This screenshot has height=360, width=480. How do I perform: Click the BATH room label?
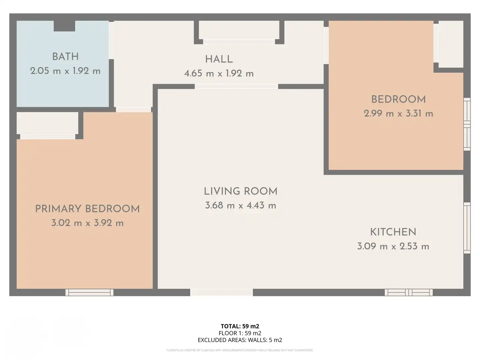point(65,57)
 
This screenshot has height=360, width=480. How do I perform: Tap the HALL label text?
point(219,59)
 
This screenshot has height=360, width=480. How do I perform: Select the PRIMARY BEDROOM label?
point(87,209)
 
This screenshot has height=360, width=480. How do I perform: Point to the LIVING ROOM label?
point(241,191)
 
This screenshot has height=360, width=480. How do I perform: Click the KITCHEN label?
point(393,232)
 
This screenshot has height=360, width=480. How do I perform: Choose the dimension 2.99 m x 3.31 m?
point(398,114)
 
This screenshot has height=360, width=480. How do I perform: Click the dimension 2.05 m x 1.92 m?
point(65,71)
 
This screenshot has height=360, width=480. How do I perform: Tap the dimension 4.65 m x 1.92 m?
point(219,73)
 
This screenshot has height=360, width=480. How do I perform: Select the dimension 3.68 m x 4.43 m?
point(241,205)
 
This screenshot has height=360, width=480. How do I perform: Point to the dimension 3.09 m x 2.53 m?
point(393,246)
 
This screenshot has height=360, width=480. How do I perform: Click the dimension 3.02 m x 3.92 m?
point(87,223)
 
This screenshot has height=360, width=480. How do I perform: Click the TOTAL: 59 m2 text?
point(240,326)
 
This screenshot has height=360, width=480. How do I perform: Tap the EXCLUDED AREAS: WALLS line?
point(240,340)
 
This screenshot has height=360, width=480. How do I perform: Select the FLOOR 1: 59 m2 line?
point(240,333)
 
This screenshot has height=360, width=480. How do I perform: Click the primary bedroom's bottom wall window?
point(89,292)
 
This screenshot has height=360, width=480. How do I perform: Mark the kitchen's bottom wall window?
point(408,292)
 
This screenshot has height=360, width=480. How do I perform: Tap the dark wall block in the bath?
point(65,26)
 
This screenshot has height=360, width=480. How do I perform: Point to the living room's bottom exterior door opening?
point(222,292)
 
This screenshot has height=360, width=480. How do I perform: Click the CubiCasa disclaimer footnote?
point(240,350)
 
